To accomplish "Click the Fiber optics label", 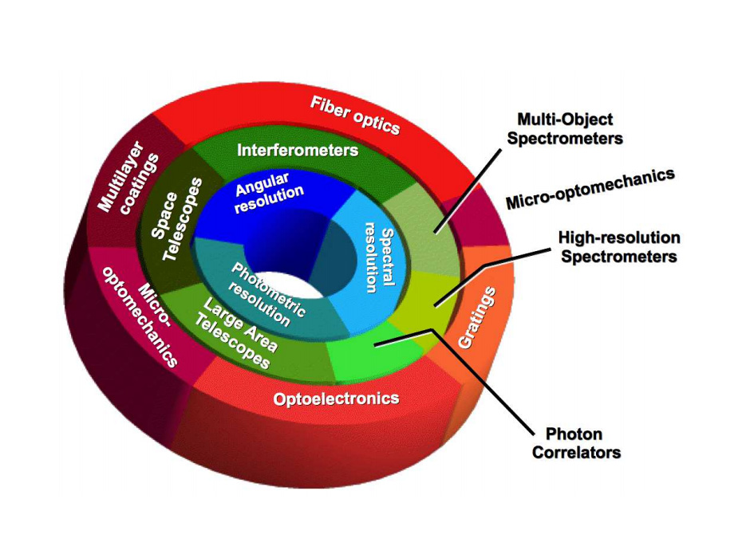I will point(355,116).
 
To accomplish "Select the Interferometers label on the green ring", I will point(298,149).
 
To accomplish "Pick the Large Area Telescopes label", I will point(240,333).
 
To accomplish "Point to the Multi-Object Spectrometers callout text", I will point(570,128).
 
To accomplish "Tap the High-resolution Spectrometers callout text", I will point(618,247).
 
